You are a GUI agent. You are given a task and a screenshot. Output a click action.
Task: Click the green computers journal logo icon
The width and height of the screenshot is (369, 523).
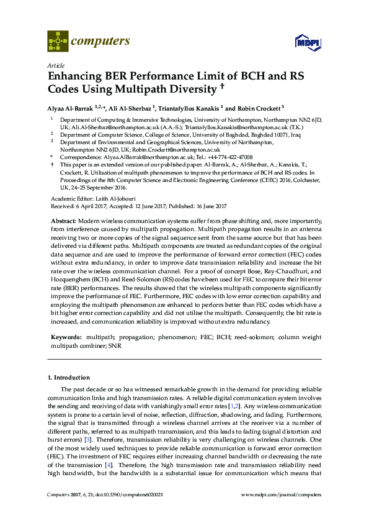[x=58, y=42]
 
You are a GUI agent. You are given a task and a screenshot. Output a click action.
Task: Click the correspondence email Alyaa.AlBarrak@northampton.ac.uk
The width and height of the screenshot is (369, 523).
[x=142, y=158]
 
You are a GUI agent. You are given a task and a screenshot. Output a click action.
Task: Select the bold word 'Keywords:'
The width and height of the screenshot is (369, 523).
[x=65, y=336]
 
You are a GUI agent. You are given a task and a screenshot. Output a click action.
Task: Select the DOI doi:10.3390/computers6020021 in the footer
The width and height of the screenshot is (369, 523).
[x=122, y=494]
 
